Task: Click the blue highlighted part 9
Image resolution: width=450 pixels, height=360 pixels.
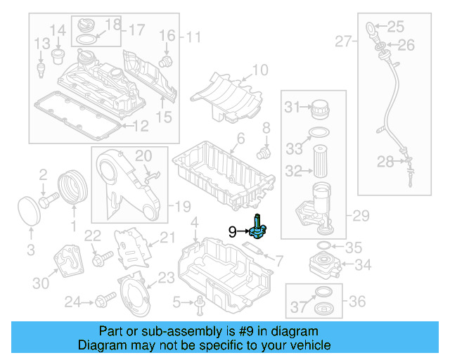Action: point(257,227)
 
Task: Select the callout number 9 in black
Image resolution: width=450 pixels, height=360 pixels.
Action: point(232,231)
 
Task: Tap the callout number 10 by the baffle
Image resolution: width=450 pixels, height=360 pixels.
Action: point(259,70)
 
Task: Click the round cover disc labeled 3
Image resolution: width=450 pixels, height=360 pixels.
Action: point(28,212)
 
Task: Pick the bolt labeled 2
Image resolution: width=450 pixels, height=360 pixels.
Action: point(47,202)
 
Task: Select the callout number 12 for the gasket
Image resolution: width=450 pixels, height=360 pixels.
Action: point(141,126)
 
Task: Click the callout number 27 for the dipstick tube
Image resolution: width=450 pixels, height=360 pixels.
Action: point(342,42)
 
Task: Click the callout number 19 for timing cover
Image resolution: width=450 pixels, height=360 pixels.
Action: point(183,206)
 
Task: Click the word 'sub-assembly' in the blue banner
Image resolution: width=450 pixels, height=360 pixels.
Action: point(161,330)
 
